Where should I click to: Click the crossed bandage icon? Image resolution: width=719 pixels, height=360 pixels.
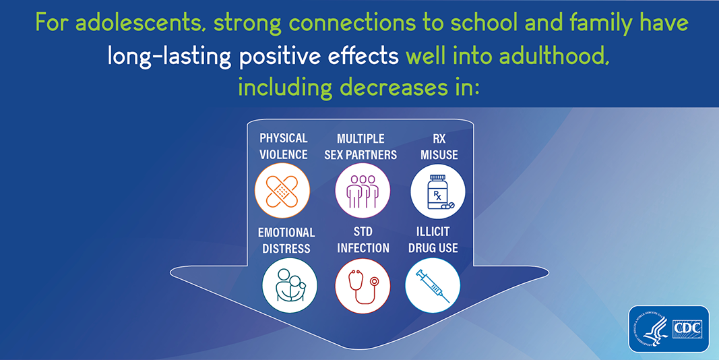coord(282,191)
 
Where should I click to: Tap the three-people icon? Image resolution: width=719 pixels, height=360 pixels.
coord(363,191)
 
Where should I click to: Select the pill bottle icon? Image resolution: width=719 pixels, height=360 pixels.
coord(439,192)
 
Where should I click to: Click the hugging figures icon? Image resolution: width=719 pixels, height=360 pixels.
coord(290,284)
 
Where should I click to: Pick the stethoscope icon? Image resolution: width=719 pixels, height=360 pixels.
coord(363,287)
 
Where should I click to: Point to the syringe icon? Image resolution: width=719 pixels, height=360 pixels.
coord(432,286)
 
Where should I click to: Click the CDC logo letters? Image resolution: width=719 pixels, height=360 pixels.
coord(687,328)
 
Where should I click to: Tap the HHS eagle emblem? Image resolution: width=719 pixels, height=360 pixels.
coord(650,329)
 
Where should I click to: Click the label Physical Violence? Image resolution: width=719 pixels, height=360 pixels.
coord(284,146)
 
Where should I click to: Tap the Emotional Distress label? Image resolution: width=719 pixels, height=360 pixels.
coord(286,240)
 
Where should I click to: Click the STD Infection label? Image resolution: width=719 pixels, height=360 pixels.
coord(363,239)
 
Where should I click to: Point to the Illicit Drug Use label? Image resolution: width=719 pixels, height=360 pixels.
coord(433,239)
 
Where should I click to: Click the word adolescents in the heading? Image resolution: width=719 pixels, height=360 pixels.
coord(141,23)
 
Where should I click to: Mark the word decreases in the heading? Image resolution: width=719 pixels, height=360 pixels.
coord(394,87)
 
